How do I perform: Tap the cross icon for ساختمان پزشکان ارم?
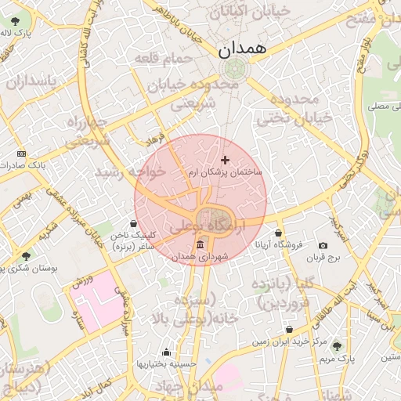click(226, 160)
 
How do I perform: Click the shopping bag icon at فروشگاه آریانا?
click(279, 233)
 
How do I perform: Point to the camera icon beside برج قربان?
click(323, 246)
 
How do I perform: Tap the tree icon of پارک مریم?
click(337, 345)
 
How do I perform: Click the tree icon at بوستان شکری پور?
click(27, 256)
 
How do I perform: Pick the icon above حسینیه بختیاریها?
click(165, 352)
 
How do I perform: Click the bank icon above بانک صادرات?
click(21, 154)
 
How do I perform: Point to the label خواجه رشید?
click(131, 172)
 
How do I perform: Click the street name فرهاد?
click(152, 139)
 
